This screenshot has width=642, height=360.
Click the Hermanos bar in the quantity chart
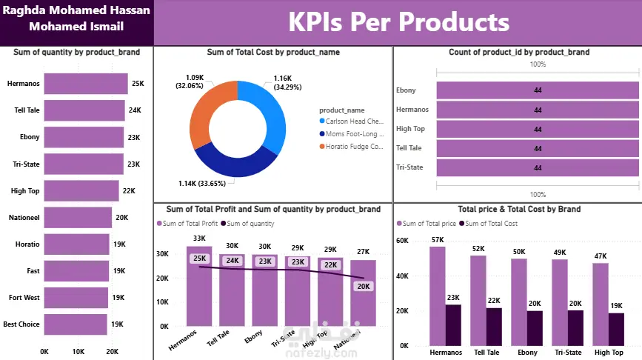[85, 84]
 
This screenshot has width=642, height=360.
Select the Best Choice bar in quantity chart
[76, 324]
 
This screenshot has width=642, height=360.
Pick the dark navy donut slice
[235, 166]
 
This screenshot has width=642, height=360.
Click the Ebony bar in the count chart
[538, 90]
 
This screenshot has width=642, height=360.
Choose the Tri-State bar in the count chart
[538, 167]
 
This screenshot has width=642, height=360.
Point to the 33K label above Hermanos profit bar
[199, 239]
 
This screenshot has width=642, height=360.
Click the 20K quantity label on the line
[363, 287]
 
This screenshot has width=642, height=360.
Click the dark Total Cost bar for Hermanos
[454, 324]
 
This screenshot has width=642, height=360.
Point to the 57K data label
[438, 240]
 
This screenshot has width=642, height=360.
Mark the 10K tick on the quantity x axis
[78, 351]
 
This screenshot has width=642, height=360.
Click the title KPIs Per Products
[398, 22]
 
